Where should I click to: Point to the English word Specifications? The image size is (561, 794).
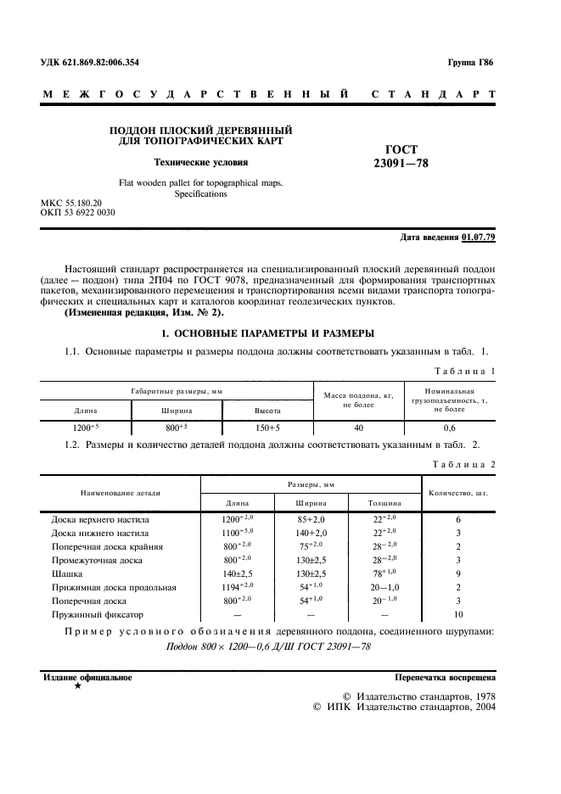tap(201, 194)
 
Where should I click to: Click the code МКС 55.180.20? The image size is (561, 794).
tap(71, 204)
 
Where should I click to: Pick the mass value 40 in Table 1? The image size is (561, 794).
tap(358, 428)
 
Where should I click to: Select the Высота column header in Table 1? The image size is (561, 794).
tap(268, 411)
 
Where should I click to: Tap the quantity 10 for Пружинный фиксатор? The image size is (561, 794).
tap(458, 614)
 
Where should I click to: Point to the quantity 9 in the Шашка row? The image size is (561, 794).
tap(458, 573)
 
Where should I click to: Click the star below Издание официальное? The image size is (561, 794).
tap(77, 685)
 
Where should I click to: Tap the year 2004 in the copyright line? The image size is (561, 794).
tap(482, 706)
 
